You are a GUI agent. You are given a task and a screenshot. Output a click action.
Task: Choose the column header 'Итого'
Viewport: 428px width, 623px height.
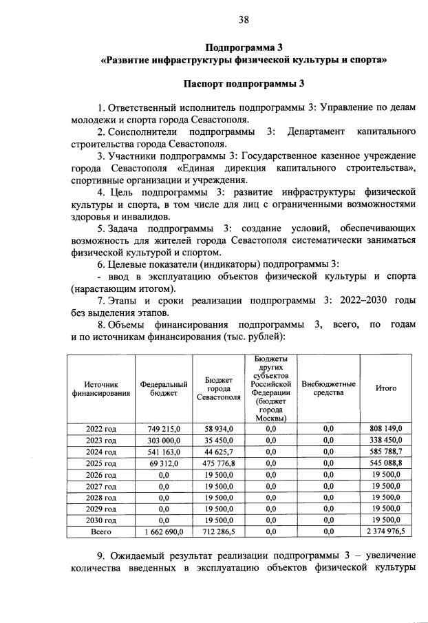tap(385, 388)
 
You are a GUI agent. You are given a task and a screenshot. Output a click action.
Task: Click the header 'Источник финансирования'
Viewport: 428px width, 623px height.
tap(101, 388)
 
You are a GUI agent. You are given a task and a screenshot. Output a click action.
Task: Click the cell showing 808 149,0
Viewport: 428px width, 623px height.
tap(385, 428)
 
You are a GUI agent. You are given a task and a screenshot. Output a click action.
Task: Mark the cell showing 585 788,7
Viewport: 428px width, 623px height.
tap(385, 452)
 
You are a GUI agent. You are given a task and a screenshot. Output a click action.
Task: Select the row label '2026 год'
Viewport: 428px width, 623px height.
tap(101, 475)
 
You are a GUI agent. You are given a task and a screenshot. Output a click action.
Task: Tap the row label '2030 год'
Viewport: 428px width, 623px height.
tap(101, 520)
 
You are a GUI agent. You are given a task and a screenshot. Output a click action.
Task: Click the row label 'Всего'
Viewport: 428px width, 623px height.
tap(101, 532)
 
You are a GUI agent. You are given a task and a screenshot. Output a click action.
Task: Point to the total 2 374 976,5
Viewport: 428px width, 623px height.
tap(385, 532)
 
